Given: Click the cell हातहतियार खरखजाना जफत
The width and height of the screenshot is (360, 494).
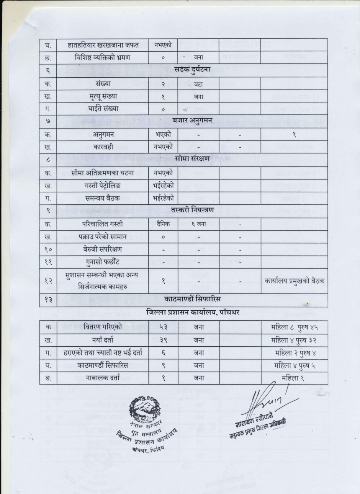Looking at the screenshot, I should point(103,44).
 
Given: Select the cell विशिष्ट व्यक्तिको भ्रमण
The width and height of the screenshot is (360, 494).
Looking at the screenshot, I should point(103,57).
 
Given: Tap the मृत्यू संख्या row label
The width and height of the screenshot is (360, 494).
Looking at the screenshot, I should point(103,96).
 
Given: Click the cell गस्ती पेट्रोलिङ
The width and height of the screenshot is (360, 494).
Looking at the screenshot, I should point(103,186).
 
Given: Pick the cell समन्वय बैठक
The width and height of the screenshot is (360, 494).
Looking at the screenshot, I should point(103,198).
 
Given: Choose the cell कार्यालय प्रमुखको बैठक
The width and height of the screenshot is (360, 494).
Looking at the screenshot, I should point(295,281).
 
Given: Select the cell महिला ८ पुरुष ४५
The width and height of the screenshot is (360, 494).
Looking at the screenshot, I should point(295,327).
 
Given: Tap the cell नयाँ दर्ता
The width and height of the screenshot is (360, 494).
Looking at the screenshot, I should point(103,340).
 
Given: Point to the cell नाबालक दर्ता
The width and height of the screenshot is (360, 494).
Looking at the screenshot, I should point(103,378).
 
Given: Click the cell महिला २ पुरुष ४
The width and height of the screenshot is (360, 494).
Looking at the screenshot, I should point(295,353).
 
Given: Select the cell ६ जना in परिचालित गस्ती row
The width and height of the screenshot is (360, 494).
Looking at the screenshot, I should point(198,224).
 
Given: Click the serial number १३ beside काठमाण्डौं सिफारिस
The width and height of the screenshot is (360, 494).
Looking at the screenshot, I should point(48,300).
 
